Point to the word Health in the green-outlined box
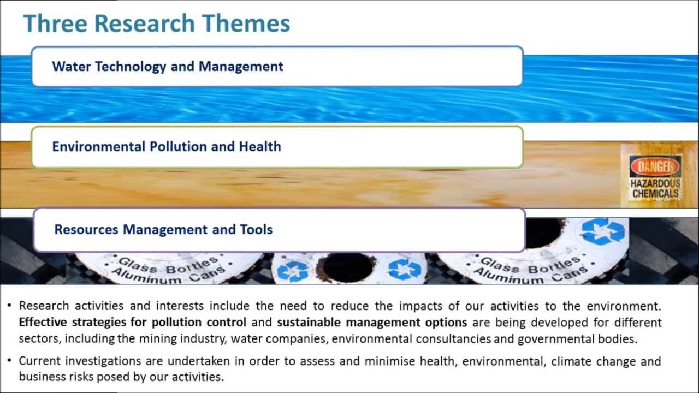point(260,146)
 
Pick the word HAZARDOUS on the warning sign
point(655,184)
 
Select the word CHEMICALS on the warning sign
point(655,194)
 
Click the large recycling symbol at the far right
point(602,231)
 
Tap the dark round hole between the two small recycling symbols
point(347,267)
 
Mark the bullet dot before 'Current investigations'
point(10,361)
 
